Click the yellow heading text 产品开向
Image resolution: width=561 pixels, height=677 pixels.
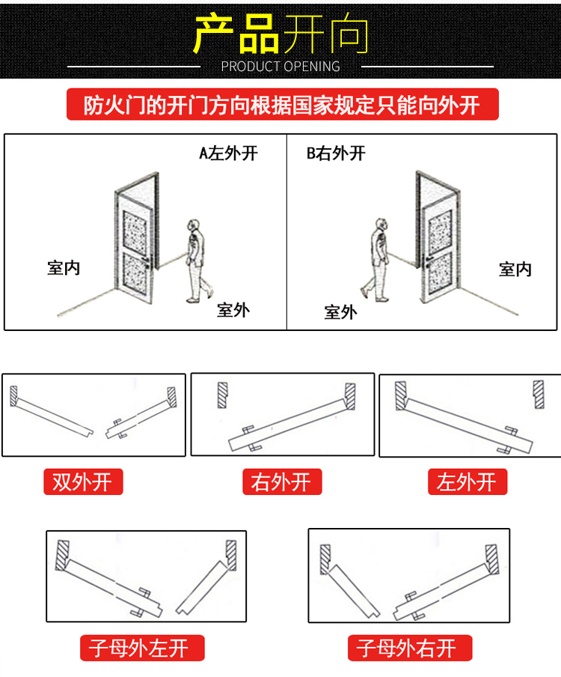tap(280, 33)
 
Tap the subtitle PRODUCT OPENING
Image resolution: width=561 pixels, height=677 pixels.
tap(280, 67)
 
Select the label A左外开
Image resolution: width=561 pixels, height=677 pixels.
tap(228, 154)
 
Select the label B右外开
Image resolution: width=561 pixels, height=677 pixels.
tap(336, 154)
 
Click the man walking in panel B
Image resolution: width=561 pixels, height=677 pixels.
tap(378, 259)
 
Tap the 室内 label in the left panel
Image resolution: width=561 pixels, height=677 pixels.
tap(64, 267)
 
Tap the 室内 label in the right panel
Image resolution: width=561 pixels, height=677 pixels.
tap(515, 269)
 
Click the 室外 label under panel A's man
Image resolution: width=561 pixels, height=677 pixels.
tap(233, 309)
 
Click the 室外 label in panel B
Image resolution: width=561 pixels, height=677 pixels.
tap(340, 312)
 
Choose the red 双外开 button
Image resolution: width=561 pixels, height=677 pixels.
tap(82, 482)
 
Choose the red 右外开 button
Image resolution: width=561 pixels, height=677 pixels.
tap(281, 482)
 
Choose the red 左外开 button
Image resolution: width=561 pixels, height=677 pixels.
tap(467, 482)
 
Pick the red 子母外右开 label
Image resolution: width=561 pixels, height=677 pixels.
tap(410, 647)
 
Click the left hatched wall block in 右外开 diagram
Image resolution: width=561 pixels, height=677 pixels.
tap(222, 395)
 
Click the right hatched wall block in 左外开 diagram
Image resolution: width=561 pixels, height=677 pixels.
tap(539, 395)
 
